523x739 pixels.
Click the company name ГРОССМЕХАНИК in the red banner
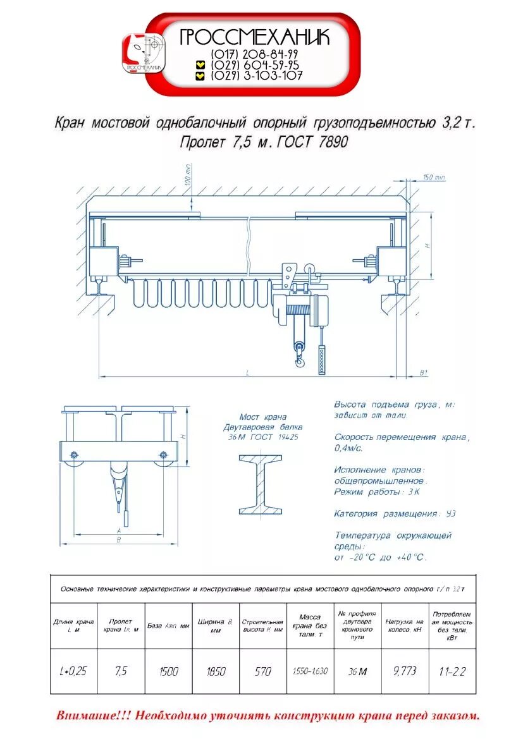click(x=255, y=37)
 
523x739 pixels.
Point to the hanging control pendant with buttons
click(x=323, y=360)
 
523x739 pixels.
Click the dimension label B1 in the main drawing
click(x=424, y=373)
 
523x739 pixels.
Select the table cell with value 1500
click(x=168, y=671)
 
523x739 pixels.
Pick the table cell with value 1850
click(x=216, y=671)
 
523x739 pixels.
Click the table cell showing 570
click(x=262, y=671)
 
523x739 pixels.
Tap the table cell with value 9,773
click(x=405, y=671)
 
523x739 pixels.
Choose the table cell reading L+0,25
click(x=73, y=671)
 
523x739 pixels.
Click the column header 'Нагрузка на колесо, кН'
click(x=405, y=626)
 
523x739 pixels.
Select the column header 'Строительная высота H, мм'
click(x=262, y=626)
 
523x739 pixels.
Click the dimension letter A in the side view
click(x=120, y=530)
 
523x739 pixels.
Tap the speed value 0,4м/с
click(x=348, y=448)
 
